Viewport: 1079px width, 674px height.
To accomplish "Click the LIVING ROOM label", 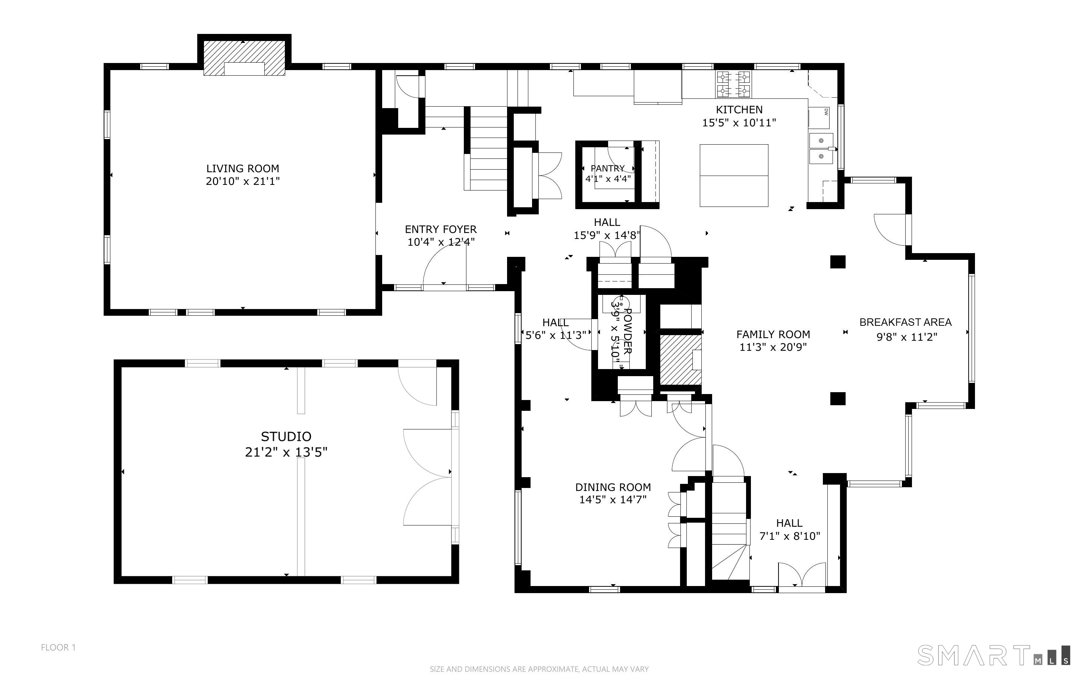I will [242, 168].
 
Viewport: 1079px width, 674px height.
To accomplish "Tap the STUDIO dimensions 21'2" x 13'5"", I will [286, 453].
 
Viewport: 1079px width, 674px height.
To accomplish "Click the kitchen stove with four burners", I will [733, 84].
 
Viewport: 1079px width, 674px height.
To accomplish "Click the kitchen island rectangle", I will [734, 176].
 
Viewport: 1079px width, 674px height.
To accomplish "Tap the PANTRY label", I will [607, 168].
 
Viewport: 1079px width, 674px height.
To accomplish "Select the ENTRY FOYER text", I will [440, 230].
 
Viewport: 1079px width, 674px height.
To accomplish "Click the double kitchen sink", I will [821, 148].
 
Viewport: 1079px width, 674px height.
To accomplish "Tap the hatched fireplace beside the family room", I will [680, 360].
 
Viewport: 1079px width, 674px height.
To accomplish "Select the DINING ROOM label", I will [613, 487].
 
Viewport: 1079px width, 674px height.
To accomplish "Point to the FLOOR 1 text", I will [59, 647].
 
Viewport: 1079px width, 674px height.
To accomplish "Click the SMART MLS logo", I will [993, 655].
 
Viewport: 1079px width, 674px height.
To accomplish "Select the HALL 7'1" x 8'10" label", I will [789, 530].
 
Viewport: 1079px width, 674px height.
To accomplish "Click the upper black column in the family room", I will [837, 262].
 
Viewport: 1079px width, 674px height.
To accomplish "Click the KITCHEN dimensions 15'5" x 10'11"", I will [739, 123].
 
